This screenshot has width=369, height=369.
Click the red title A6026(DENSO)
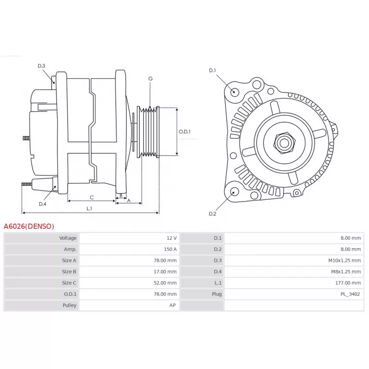coord(29,226)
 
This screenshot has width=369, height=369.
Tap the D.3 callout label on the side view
coord(42,66)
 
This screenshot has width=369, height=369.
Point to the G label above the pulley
coord(151,78)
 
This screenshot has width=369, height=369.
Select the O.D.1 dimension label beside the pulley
coord(185,131)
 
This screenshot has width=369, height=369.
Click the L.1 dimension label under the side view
coord(89,208)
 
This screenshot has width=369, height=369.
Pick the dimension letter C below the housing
coord(92,198)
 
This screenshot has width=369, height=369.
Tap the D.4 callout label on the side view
coord(42,204)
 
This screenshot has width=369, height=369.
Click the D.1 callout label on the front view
coord(213,71)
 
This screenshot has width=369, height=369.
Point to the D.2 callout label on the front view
coord(213,214)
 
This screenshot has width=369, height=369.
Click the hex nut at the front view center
coord(284,143)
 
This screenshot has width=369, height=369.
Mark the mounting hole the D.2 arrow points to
coord(234,191)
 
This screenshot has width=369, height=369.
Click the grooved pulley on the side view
coord(148,132)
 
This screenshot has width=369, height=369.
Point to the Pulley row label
coord(70,305)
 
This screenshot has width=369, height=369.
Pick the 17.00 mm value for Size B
coord(165,272)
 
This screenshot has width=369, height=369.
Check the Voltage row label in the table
coord(68,238)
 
